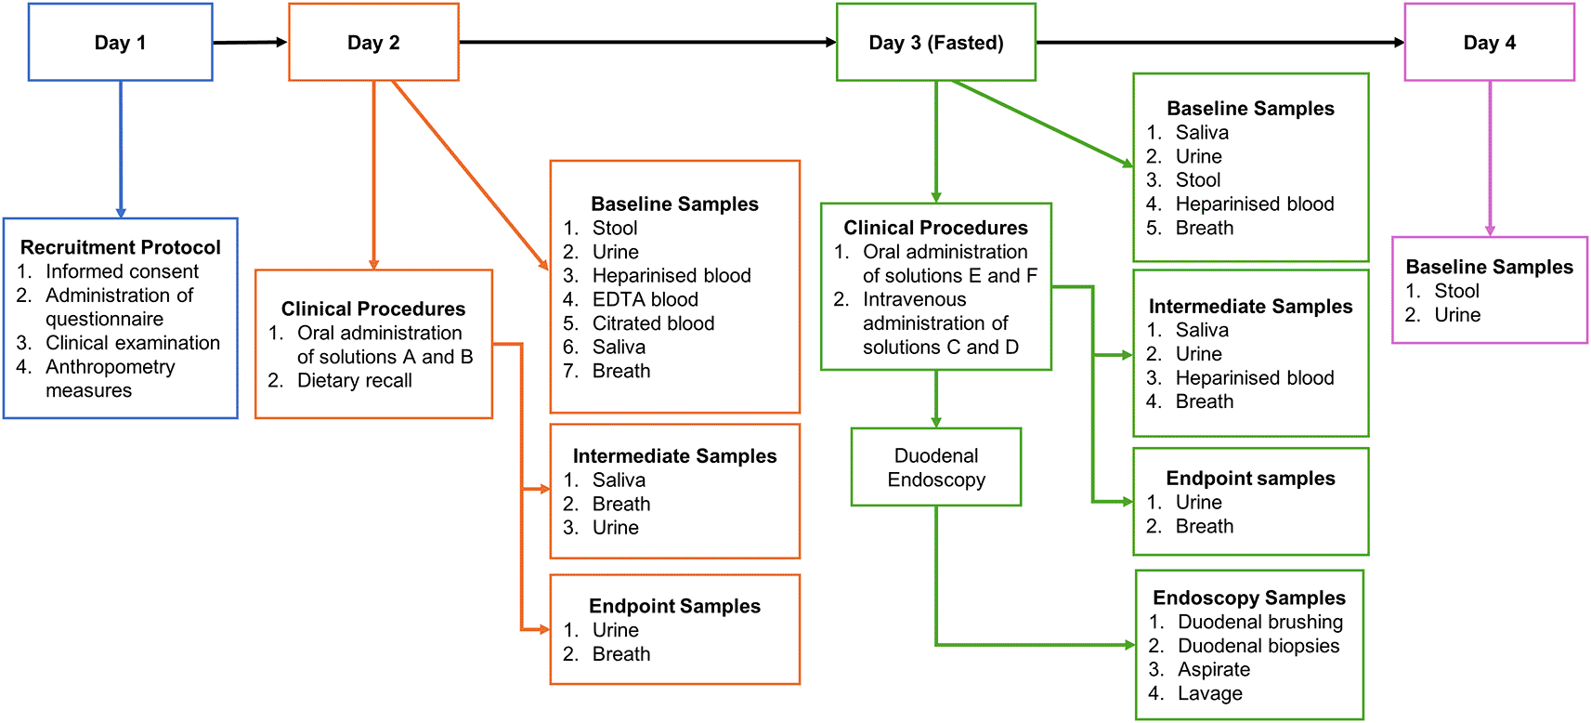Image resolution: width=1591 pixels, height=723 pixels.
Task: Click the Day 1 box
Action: click(121, 42)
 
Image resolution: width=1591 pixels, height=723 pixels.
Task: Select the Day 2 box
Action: click(373, 42)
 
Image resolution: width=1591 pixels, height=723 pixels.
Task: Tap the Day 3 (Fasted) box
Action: click(936, 42)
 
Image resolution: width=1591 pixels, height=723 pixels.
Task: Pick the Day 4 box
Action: click(1490, 42)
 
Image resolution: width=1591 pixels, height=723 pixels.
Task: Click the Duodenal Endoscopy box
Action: click(936, 467)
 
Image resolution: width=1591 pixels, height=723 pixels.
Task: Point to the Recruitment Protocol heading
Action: click(121, 247)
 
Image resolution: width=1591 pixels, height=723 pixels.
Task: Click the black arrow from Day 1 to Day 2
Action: click(250, 42)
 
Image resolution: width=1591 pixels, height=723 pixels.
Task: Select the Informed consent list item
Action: click(107, 271)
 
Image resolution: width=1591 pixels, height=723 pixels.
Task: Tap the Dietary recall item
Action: click(340, 380)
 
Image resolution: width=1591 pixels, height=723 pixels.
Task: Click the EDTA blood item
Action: click(630, 299)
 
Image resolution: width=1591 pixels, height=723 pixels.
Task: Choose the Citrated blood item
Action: click(638, 323)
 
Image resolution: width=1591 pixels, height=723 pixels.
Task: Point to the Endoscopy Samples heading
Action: click(1249, 598)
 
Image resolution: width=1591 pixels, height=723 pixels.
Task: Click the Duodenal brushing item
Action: click(1245, 622)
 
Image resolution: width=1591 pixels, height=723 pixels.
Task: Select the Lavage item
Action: click(1195, 693)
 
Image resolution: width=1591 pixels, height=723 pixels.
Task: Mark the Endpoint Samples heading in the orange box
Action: click(674, 607)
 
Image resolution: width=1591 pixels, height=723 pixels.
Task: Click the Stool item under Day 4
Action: click(1441, 291)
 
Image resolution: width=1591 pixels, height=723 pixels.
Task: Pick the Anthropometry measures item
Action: click(96, 378)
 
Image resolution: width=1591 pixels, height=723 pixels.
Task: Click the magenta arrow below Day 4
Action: click(1490, 159)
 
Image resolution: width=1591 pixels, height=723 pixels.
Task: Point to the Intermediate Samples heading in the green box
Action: click(1251, 307)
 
